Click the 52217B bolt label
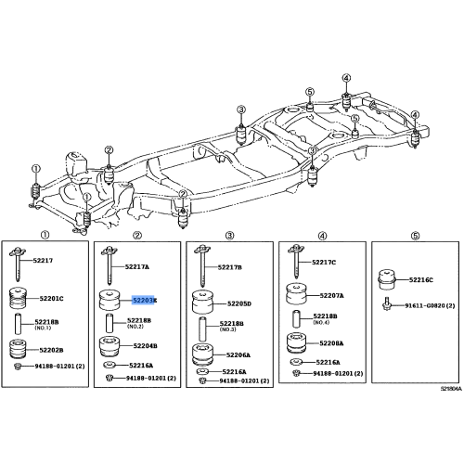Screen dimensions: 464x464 point(229,267)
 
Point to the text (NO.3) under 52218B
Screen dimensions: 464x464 point(228,330)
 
